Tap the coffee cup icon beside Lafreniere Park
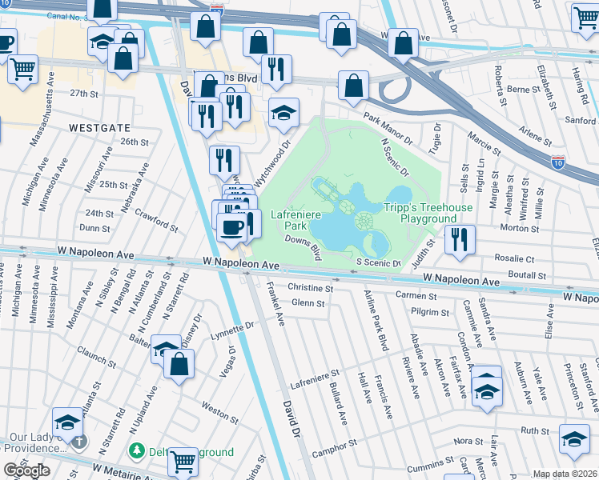click(x=232, y=228)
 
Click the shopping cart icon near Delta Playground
click(x=183, y=461)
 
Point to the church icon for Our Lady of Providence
click(x=78, y=442)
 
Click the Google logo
click(x=26, y=470)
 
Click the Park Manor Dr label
click(x=387, y=129)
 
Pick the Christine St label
click(x=310, y=287)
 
